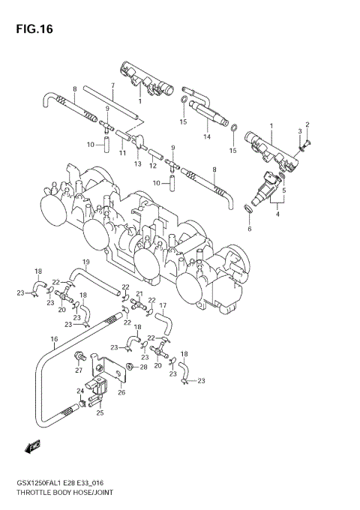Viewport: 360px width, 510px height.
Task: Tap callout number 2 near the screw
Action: coord(306,124)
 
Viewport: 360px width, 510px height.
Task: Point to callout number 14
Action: coord(208,137)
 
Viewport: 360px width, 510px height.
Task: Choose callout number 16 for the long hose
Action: coord(54,339)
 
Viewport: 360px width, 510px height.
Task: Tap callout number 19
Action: coord(86,262)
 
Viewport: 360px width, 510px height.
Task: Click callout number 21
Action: coord(139,294)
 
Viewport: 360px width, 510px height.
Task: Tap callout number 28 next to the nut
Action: coord(143,367)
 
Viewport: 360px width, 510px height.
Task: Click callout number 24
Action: coord(79,391)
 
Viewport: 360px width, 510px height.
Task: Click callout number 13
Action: coord(138,164)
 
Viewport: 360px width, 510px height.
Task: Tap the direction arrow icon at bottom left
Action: coord(32,447)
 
